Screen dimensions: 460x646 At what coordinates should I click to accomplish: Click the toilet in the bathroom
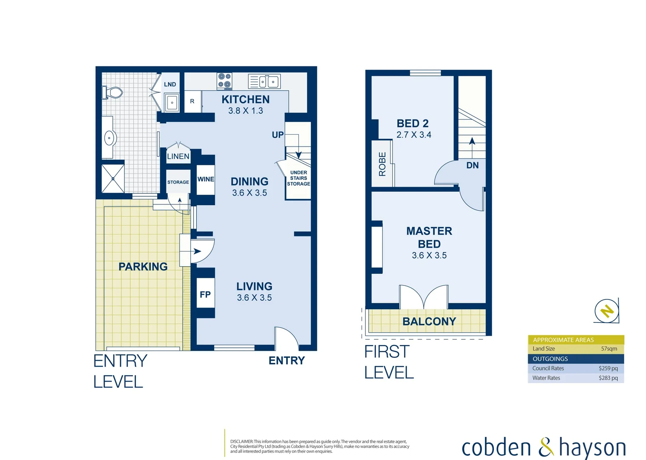113,92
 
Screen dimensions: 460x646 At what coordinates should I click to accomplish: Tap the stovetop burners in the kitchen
224,81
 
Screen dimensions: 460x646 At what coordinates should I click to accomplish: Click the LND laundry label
170,84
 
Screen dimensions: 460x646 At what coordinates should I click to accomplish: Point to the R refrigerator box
192,101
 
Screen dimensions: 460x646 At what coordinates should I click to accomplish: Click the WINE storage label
206,179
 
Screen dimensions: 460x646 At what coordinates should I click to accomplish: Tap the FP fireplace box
205,294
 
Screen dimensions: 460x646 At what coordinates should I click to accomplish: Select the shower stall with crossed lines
113,178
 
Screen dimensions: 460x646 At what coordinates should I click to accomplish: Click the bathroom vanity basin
110,138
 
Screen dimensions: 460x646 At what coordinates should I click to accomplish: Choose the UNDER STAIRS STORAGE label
299,178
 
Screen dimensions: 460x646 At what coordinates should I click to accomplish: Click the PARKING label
143,267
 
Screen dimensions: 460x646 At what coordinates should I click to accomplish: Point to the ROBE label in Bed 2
382,164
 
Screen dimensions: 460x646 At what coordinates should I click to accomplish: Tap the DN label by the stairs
472,165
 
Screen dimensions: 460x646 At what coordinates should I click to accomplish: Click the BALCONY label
429,322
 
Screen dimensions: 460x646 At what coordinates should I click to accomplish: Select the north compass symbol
606,310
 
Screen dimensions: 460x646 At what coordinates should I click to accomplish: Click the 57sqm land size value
609,348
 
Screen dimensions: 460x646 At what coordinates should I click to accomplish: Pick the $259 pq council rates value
608,368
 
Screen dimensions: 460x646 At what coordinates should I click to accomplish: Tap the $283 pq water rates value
608,378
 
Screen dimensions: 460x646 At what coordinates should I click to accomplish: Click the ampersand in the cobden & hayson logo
546,448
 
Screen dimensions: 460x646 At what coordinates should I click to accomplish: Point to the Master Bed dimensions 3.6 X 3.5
429,256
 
